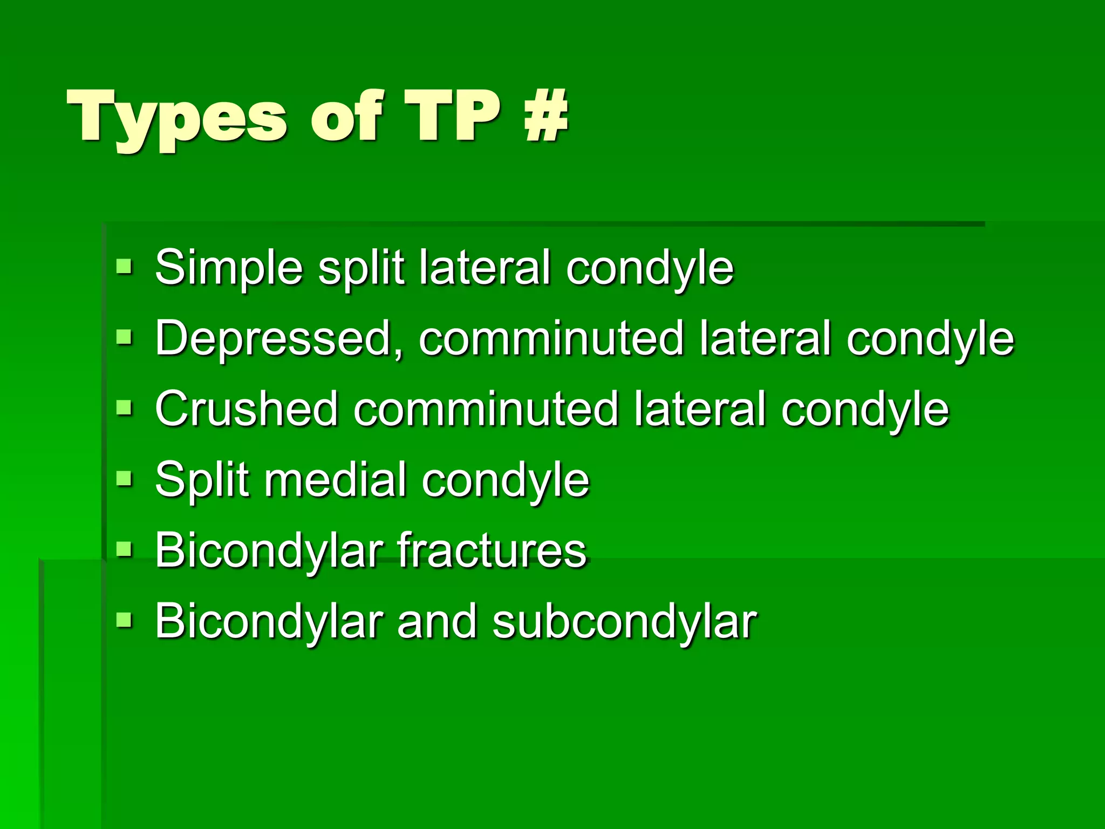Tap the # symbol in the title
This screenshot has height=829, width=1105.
[x=545, y=115]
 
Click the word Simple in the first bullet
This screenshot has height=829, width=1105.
[x=229, y=268]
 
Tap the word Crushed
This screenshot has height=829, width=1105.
[x=246, y=409]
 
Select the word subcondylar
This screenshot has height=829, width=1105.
[x=625, y=621]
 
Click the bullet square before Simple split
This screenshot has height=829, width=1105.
[x=124, y=266]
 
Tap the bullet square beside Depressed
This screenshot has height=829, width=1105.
[x=124, y=337]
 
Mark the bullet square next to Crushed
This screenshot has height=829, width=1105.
[x=124, y=407]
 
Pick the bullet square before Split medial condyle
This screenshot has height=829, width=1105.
[x=124, y=478]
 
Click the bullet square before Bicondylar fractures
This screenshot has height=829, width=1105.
[x=124, y=549]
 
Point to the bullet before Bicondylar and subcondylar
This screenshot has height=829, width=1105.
[x=124, y=620]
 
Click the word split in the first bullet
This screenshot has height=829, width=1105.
[x=361, y=268]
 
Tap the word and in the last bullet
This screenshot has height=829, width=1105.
[x=437, y=621]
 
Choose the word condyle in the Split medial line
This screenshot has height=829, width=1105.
[x=506, y=480]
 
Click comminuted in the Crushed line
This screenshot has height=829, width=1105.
[x=486, y=409]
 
